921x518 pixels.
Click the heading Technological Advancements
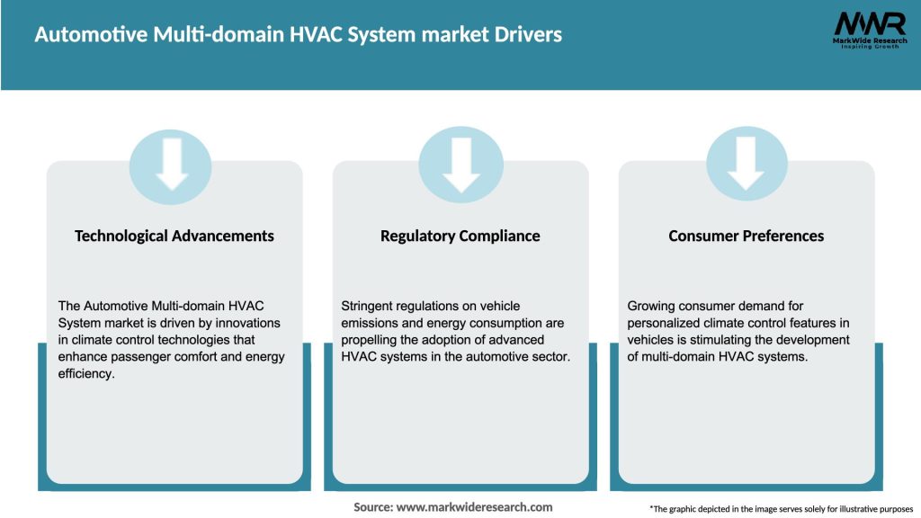click(174, 236)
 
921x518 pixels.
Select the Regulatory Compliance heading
click(460, 236)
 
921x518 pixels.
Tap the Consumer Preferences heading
click(746, 236)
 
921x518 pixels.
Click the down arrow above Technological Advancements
click(172, 163)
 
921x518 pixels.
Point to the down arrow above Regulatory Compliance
click(460, 163)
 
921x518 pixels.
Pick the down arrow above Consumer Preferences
click(747, 163)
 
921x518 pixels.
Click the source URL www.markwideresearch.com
click(474, 507)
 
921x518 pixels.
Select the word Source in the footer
click(371, 507)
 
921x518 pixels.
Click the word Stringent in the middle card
click(368, 307)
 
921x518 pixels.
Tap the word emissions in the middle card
click(369, 323)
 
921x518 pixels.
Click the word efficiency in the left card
click(87, 373)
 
